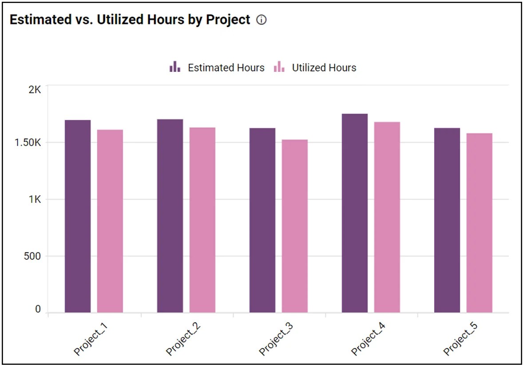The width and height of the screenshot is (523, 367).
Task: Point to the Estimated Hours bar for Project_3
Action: point(262,220)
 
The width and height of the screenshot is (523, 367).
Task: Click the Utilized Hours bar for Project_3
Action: point(294,226)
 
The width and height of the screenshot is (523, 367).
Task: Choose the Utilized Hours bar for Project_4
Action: point(387,217)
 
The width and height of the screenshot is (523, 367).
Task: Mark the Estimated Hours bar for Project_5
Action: point(447,220)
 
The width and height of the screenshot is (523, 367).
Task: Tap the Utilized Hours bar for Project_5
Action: point(479,223)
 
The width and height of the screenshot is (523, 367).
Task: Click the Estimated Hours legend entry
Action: point(217,68)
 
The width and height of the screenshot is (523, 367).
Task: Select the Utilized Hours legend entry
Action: point(315,68)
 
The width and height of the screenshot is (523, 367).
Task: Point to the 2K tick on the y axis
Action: point(34,90)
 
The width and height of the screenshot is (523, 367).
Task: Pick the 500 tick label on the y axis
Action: point(32,257)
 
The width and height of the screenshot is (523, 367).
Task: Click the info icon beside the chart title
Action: point(262,20)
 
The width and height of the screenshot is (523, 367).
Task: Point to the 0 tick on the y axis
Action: point(38,309)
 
